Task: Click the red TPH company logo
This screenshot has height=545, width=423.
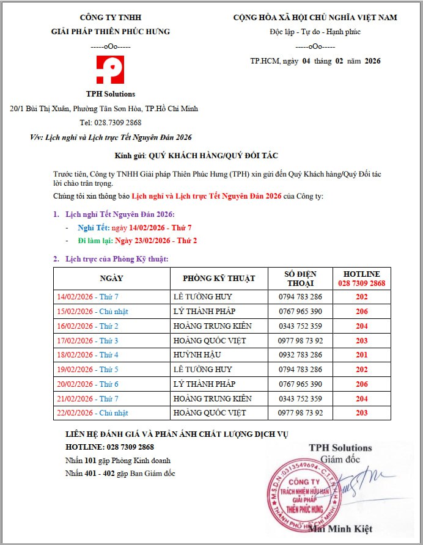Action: click(x=110, y=70)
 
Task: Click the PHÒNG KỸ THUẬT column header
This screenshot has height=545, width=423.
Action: click(x=219, y=279)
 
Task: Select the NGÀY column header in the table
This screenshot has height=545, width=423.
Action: click(x=112, y=279)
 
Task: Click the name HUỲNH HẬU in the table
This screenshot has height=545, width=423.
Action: click(x=196, y=355)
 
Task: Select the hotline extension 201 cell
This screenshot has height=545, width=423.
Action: click(x=361, y=355)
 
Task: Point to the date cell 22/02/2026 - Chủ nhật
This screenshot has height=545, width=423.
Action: click(x=92, y=413)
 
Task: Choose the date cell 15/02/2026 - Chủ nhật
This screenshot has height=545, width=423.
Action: click(x=92, y=312)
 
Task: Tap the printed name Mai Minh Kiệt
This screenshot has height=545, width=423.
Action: click(x=340, y=529)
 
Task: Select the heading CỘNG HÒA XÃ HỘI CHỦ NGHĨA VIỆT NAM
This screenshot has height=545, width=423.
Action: click(x=315, y=18)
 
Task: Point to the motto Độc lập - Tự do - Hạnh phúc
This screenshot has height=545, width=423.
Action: click(x=315, y=32)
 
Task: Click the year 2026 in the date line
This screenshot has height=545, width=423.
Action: click(x=372, y=61)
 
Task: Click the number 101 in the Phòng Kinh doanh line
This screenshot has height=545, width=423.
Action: click(x=90, y=461)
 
